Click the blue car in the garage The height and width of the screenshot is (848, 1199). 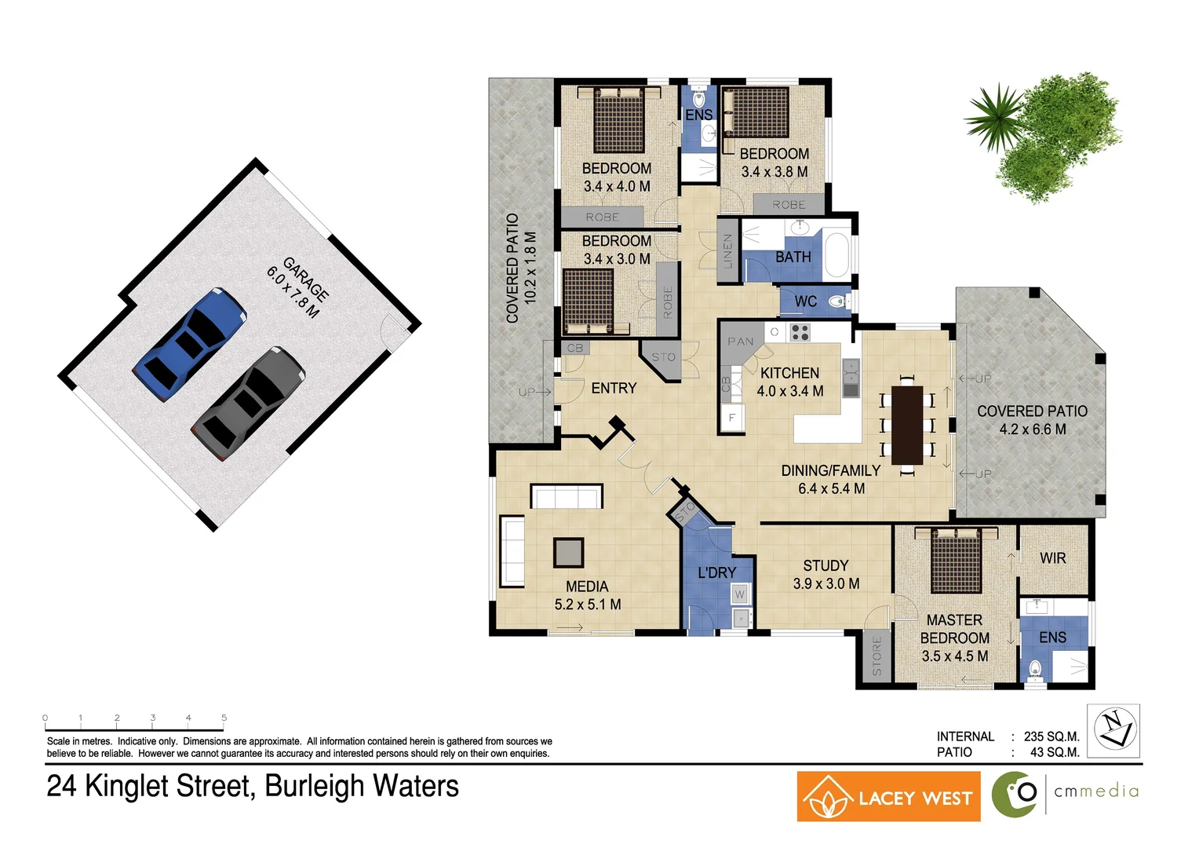point(190,344)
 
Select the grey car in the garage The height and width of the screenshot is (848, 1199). point(247,404)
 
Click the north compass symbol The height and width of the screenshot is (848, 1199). point(1113,730)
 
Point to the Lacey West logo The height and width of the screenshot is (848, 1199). point(888,797)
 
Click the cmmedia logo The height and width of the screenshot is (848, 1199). point(1066,794)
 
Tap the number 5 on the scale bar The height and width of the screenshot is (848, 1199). point(224,718)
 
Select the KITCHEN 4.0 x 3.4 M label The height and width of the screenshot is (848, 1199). point(790,382)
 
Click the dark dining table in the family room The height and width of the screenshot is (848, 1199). point(907,425)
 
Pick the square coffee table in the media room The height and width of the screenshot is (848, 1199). point(568,553)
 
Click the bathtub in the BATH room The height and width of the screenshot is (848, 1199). point(836,254)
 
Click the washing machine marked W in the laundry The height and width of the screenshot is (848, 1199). point(739,594)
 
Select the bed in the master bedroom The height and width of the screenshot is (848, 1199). point(956,561)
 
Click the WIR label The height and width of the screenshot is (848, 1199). point(1052,558)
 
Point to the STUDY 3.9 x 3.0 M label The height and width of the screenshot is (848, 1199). point(825,574)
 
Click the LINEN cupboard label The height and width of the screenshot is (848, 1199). point(727,250)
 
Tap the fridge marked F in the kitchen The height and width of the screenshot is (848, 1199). point(731,418)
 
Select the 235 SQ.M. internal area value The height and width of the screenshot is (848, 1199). point(1051,737)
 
